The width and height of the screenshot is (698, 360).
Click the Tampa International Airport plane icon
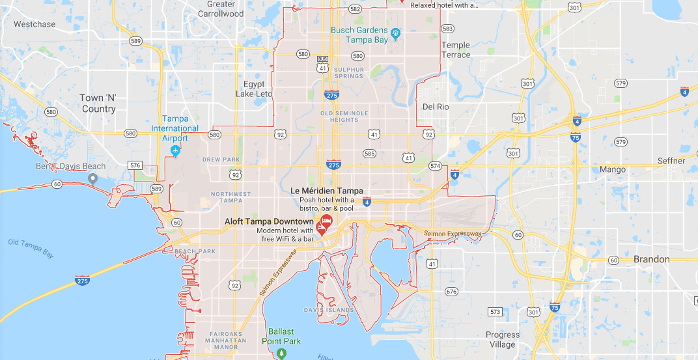click(x=174, y=151)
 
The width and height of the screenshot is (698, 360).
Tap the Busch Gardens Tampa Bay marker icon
click(x=395, y=31)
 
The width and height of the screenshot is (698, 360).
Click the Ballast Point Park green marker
click(x=281, y=353)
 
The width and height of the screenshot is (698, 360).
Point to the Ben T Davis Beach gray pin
click(x=93, y=178)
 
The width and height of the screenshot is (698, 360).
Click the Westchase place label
click(x=35, y=25)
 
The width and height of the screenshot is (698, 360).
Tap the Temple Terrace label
click(x=456, y=50)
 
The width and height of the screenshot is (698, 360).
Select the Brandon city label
click(x=651, y=259)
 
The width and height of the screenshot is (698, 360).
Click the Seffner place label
click(x=671, y=161)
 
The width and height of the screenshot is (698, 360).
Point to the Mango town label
click(x=613, y=170)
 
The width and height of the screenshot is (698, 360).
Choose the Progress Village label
click(x=503, y=340)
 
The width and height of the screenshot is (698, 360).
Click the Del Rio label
click(x=436, y=107)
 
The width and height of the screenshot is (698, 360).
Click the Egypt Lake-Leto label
click(x=254, y=89)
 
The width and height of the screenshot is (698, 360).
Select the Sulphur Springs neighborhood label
click(x=349, y=73)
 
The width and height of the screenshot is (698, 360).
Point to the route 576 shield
click(x=135, y=165)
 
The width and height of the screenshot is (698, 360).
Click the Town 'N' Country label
click(x=98, y=104)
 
